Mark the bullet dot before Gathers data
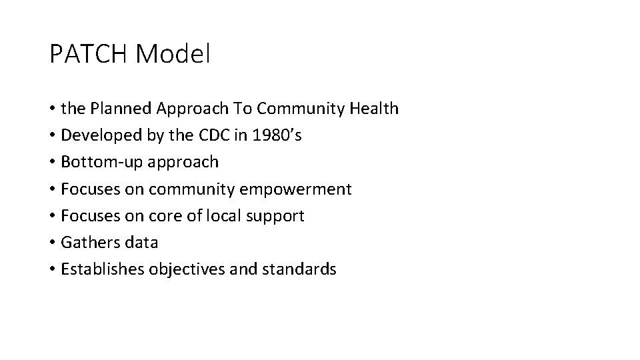click(52, 243)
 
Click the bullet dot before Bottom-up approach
click(52, 162)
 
